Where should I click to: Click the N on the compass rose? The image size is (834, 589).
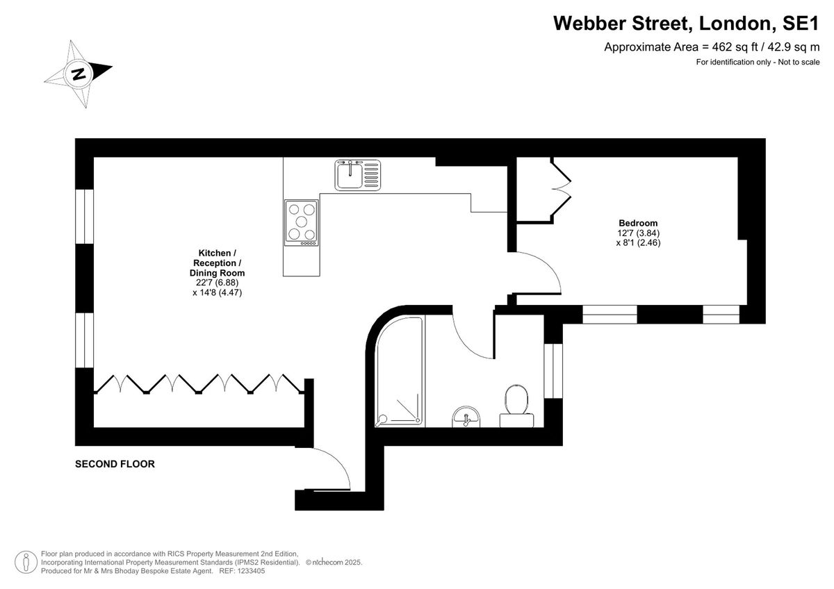[79, 74]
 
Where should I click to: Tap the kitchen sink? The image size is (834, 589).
[357, 175]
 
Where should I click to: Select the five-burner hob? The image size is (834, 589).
[301, 222]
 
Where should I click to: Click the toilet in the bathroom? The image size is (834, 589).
[516, 406]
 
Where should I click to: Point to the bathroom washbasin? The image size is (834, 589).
[466, 417]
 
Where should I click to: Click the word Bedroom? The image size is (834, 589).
[638, 223]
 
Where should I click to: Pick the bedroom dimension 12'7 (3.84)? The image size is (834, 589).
[638, 233]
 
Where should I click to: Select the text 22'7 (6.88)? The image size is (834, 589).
[217, 283]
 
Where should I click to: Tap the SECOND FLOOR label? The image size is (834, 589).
[115, 464]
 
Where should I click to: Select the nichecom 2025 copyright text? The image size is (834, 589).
[334, 562]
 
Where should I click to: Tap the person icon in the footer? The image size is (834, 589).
[26, 562]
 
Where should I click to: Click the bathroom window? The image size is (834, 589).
[553, 371]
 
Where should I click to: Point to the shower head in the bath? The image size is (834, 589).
[382, 420]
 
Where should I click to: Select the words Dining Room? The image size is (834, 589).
[217, 273]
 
